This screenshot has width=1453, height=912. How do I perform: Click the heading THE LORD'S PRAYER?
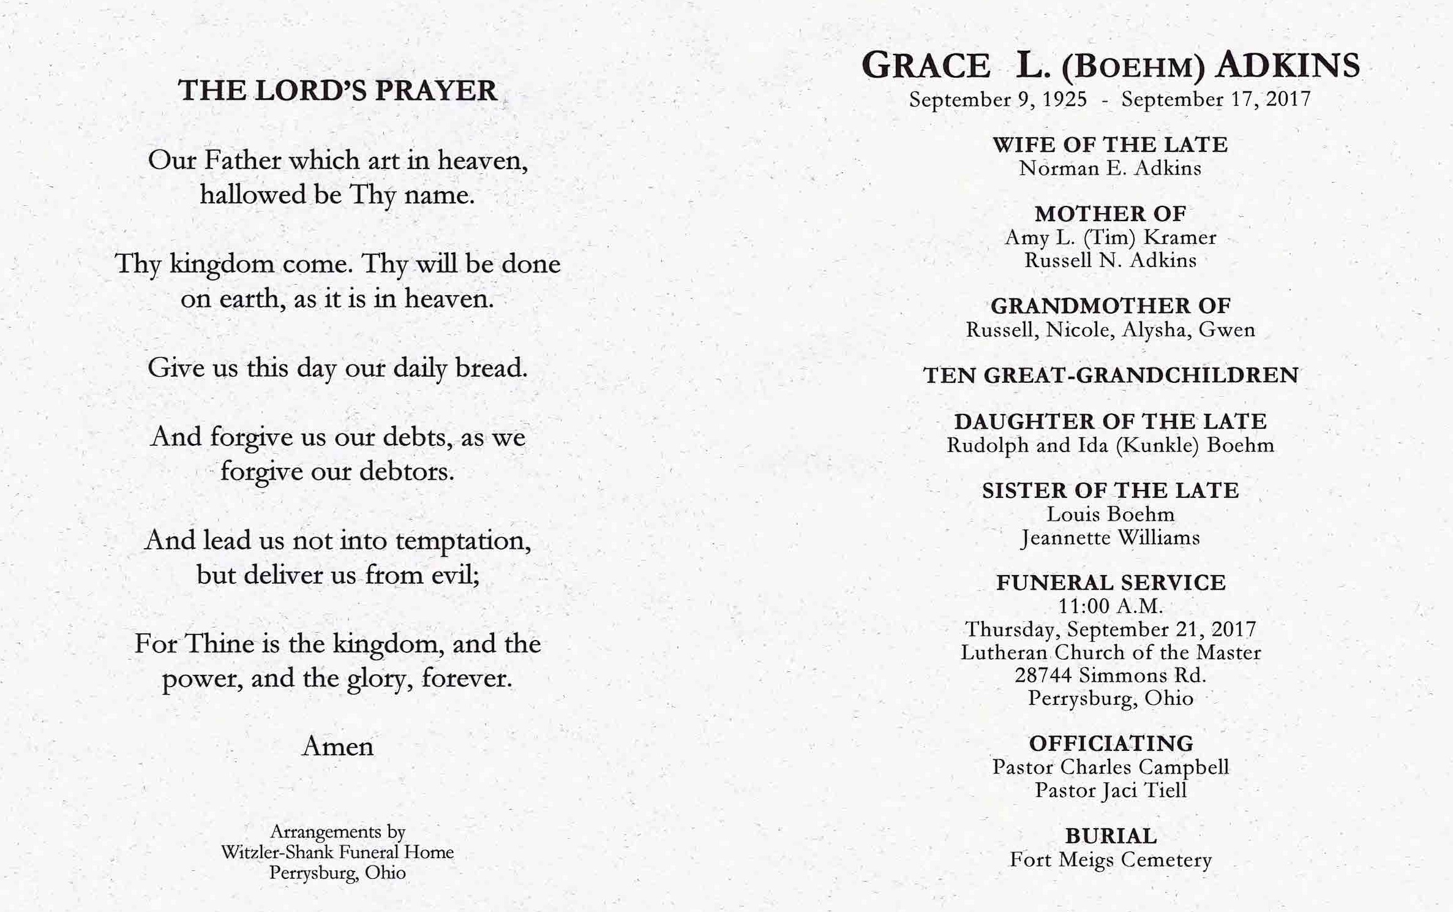pos(337,91)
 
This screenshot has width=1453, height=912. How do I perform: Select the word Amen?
pos(337,747)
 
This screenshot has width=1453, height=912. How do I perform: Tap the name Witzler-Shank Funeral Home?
pos(337,852)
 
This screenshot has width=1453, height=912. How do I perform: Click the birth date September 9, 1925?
pos(997,99)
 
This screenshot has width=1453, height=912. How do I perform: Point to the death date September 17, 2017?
pos(1216,99)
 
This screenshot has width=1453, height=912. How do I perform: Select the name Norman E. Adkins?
pos(1110,168)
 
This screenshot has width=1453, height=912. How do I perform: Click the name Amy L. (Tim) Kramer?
pos(1110,238)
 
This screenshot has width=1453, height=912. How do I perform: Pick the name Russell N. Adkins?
pos(1110,261)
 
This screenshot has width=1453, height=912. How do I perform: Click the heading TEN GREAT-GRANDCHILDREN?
pos(1110,375)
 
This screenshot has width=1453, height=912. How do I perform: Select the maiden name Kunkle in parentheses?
pos(1157,445)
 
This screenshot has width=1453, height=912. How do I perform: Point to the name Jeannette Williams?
pos(1110,538)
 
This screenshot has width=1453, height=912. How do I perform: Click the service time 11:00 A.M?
pos(1110,606)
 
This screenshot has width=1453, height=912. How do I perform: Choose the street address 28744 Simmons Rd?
pos(1110,676)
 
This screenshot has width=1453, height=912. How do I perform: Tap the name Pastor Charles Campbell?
pos(1110,767)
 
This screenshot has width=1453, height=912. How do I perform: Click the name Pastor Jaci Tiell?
pos(1110,791)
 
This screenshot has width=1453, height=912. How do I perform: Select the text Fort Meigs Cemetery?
pos(1110,860)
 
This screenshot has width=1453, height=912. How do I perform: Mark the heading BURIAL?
pos(1110,836)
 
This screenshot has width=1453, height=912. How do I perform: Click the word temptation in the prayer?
pos(462,541)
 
